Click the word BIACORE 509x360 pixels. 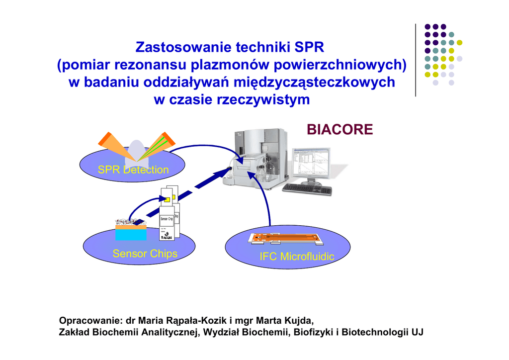coord(339,130)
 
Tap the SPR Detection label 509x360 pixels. coord(133,170)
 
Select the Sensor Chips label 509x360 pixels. coord(145,254)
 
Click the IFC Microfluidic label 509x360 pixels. coord(297,257)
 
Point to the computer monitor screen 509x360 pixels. coord(311,162)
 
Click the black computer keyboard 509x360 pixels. coord(307,189)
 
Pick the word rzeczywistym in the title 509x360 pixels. coord(263,99)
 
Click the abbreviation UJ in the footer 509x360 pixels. coord(417,332)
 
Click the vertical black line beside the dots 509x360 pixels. coord(416,60)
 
